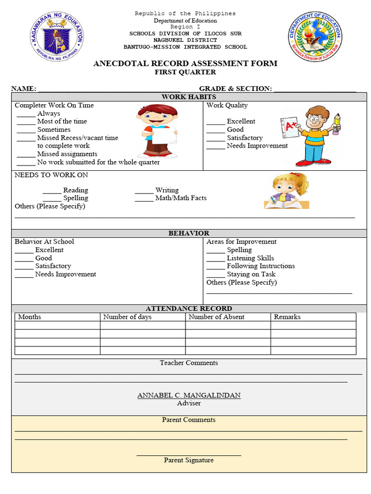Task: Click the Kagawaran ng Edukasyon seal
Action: (57, 37)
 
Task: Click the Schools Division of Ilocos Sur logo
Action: (314, 37)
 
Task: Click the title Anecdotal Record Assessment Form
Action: (185, 64)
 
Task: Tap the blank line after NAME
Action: (109, 90)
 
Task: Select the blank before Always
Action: (26, 115)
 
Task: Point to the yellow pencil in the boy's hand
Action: (337, 123)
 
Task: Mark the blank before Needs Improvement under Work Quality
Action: (215, 147)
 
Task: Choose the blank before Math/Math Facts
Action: (144, 199)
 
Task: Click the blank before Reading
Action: (52, 192)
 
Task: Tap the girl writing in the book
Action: (286, 192)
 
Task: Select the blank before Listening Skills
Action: (215, 260)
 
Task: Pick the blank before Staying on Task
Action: (215, 275)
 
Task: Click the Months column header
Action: (29, 317)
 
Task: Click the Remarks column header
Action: (287, 317)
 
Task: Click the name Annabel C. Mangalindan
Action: (189, 395)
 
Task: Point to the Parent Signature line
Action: (189, 454)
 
